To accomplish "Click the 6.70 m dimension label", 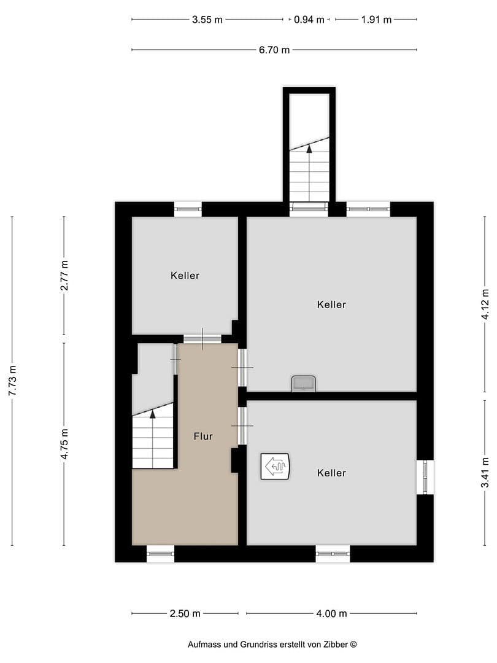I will coord(274,50).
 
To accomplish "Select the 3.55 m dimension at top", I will coord(207,20).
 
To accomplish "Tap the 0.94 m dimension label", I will coord(309,20).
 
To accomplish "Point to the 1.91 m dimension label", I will coord(376,20).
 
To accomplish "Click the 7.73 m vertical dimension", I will coord(12,381).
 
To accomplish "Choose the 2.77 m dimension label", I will coord(64,276).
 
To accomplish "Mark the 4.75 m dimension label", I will coord(64,444).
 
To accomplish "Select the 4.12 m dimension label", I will coord(485,304).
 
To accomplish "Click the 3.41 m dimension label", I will coord(485,473).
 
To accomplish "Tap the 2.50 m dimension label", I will coord(185,613).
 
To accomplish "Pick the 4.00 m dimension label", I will coord(332,613).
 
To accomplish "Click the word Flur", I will coord(203,436).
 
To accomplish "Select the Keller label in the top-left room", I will coord(185,276).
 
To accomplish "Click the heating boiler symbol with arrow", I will coord(275,467).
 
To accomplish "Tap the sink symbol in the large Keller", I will coord(304,384).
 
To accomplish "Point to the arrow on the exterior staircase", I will coord(309,147).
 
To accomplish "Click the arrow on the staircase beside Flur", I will coord(153,414).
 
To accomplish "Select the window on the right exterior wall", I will coord(425,477).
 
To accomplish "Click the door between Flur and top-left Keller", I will coord(202,338).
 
